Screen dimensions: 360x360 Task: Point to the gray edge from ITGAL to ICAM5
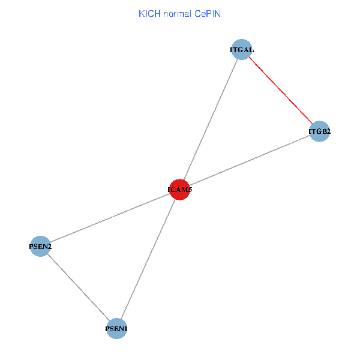point(210,119)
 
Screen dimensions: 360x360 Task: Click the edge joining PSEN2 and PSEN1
point(78,286)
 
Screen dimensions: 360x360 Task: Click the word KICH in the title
point(148,13)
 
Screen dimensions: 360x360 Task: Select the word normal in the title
point(174,13)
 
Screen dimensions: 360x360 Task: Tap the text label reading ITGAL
point(241,50)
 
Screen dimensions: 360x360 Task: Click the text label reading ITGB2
point(320,131)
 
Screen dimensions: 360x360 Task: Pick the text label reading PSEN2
point(40,246)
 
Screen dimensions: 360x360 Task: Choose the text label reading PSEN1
point(116,329)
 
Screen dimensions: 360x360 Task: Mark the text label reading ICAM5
point(180,190)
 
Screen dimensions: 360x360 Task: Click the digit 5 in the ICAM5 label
point(190,190)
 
